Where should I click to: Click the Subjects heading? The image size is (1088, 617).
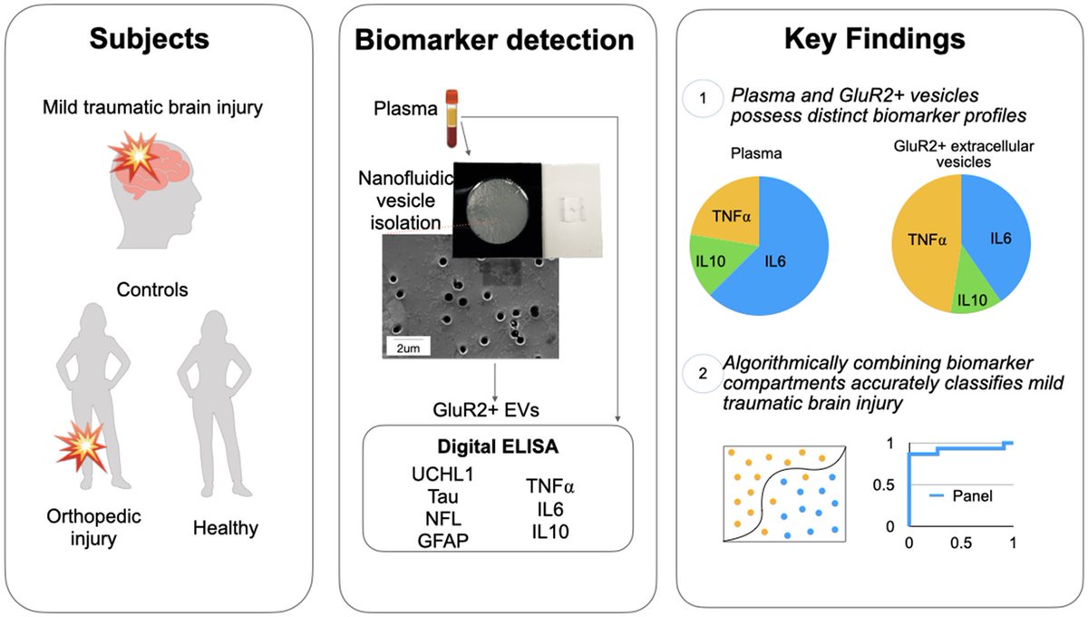[149, 39]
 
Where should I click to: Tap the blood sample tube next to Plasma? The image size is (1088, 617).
[452, 118]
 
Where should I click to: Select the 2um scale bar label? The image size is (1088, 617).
[408, 348]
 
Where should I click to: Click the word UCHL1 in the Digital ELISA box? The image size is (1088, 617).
[442, 474]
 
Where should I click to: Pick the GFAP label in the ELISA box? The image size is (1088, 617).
[443, 541]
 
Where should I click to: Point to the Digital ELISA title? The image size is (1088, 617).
[498, 446]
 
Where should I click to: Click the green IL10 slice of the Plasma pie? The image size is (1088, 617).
[714, 261]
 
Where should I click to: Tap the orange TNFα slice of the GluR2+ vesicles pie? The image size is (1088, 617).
[926, 241]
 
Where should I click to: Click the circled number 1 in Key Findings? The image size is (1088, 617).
[703, 98]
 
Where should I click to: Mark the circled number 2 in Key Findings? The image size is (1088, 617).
[703, 374]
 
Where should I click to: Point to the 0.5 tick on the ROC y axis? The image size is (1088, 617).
[883, 485]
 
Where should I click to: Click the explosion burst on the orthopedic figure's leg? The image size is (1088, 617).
[83, 446]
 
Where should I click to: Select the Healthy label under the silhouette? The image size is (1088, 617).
[226, 528]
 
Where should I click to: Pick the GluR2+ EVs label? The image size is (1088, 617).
[486, 410]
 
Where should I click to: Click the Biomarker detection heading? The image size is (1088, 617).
[494, 40]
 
